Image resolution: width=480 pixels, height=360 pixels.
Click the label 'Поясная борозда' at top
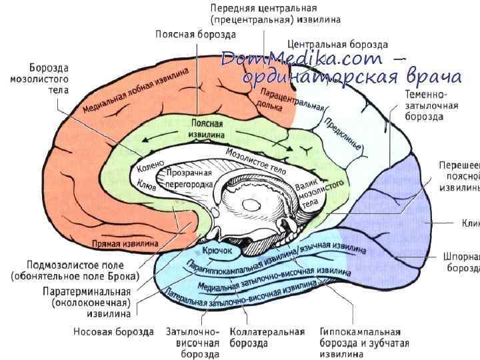[x=187, y=33]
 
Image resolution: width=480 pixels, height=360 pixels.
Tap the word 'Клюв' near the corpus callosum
[x=147, y=185]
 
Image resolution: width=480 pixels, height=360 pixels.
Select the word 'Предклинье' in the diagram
[x=343, y=133]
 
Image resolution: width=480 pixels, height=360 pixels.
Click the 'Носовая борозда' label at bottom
[x=113, y=331]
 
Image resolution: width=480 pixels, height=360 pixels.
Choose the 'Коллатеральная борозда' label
[x=267, y=337]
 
